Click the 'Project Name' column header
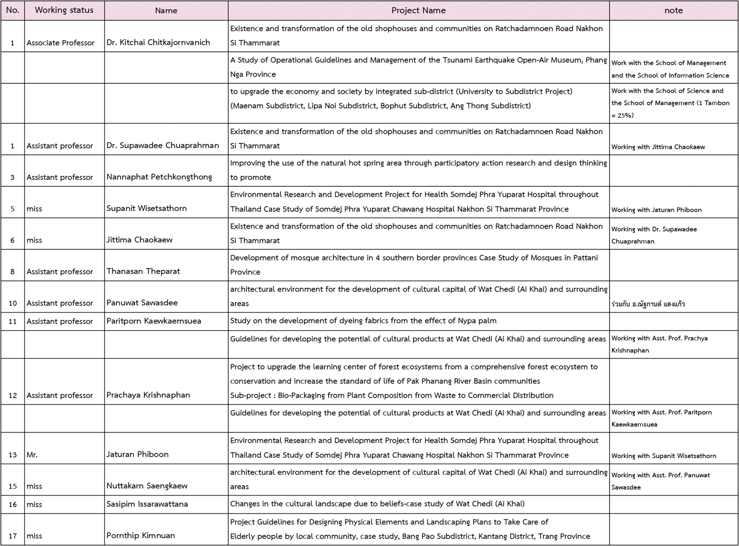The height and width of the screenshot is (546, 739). (418, 11)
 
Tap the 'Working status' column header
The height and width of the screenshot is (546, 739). (64, 10)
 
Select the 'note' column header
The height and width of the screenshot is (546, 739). (673, 11)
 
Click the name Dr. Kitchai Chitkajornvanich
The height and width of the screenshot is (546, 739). (158, 43)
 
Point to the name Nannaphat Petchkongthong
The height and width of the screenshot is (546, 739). (159, 177)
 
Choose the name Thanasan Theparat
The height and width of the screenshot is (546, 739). (143, 271)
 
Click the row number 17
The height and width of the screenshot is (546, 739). (13, 536)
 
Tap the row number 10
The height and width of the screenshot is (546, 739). (13, 303)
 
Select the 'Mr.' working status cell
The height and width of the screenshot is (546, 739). (32, 455)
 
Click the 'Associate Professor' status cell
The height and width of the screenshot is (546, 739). (61, 43)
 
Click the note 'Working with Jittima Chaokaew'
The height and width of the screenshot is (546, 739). (658, 147)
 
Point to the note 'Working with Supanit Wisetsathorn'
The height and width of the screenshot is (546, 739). (664, 456)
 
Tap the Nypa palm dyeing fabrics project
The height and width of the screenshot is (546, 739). (363, 321)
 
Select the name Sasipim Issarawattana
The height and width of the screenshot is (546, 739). (147, 504)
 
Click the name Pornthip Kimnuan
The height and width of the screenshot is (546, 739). (141, 535)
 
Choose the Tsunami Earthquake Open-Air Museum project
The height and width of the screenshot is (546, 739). (418, 67)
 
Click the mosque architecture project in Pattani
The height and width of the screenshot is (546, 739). (414, 265)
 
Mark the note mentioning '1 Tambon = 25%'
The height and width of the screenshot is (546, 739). (670, 103)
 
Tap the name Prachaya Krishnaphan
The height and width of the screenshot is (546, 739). (148, 395)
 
